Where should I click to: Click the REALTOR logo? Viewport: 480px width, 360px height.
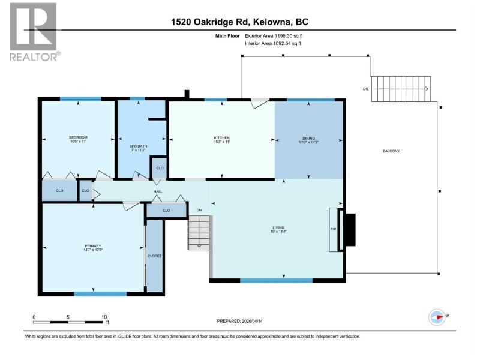[x=34, y=32]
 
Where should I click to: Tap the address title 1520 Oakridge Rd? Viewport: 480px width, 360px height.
[x=211, y=22]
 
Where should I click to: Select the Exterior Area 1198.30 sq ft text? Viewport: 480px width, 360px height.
[x=274, y=36]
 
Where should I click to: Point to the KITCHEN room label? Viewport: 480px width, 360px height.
[x=221, y=138]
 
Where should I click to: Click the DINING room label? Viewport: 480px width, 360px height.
[x=308, y=139]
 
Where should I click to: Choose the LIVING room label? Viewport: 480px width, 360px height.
[x=278, y=228]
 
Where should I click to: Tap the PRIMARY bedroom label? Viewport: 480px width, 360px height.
[x=93, y=246]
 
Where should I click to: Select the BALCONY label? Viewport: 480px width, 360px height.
[x=391, y=151]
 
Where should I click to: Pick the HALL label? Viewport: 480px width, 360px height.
[x=158, y=191]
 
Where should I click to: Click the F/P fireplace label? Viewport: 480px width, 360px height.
[x=333, y=229]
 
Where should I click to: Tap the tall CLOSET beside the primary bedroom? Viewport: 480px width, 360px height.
[x=154, y=256]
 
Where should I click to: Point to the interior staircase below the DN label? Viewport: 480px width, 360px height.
[x=199, y=233]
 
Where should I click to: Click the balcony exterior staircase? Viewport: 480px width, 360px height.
[x=401, y=89]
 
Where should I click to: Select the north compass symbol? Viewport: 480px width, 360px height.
[x=437, y=317]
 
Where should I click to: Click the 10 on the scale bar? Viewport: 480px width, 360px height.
[x=104, y=317]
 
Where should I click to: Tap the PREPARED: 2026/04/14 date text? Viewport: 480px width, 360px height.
[x=239, y=321]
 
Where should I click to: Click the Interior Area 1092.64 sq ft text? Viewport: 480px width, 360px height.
[x=273, y=43]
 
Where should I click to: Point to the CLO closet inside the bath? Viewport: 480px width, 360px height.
[x=160, y=168]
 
